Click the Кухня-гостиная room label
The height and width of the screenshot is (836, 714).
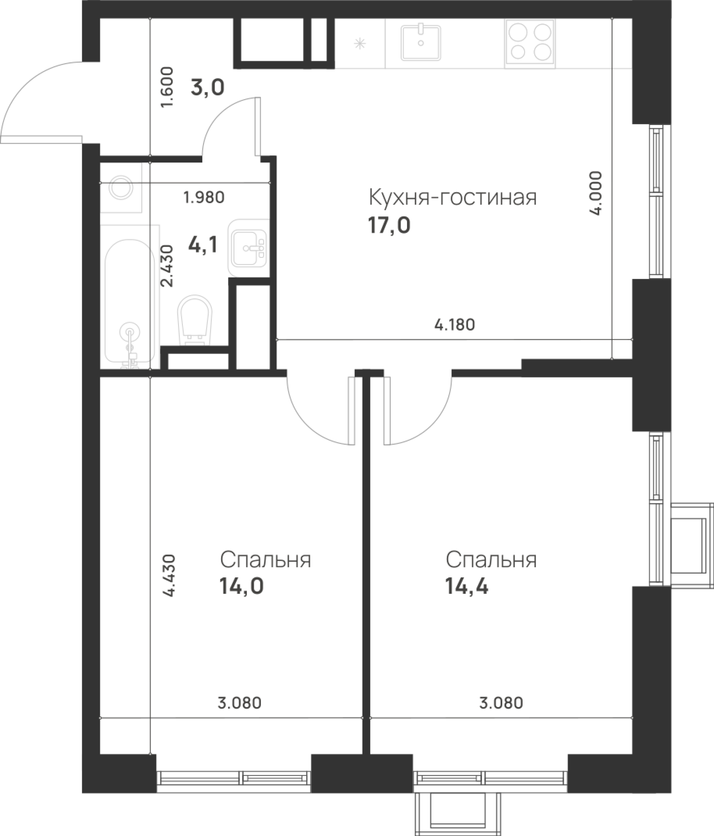(453, 198)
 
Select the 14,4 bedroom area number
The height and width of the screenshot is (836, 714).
(466, 586)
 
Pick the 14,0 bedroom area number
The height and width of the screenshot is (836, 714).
(241, 586)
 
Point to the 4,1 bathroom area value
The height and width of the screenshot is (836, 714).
(203, 245)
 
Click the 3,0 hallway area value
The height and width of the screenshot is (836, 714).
(207, 87)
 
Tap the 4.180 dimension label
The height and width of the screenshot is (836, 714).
(454, 325)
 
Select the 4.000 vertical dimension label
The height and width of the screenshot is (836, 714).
(596, 193)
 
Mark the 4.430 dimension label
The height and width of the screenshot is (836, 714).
(170, 575)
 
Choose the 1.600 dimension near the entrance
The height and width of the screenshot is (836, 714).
(167, 87)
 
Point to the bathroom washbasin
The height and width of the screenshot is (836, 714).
(248, 248)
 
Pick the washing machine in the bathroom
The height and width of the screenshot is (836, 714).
(121, 187)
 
